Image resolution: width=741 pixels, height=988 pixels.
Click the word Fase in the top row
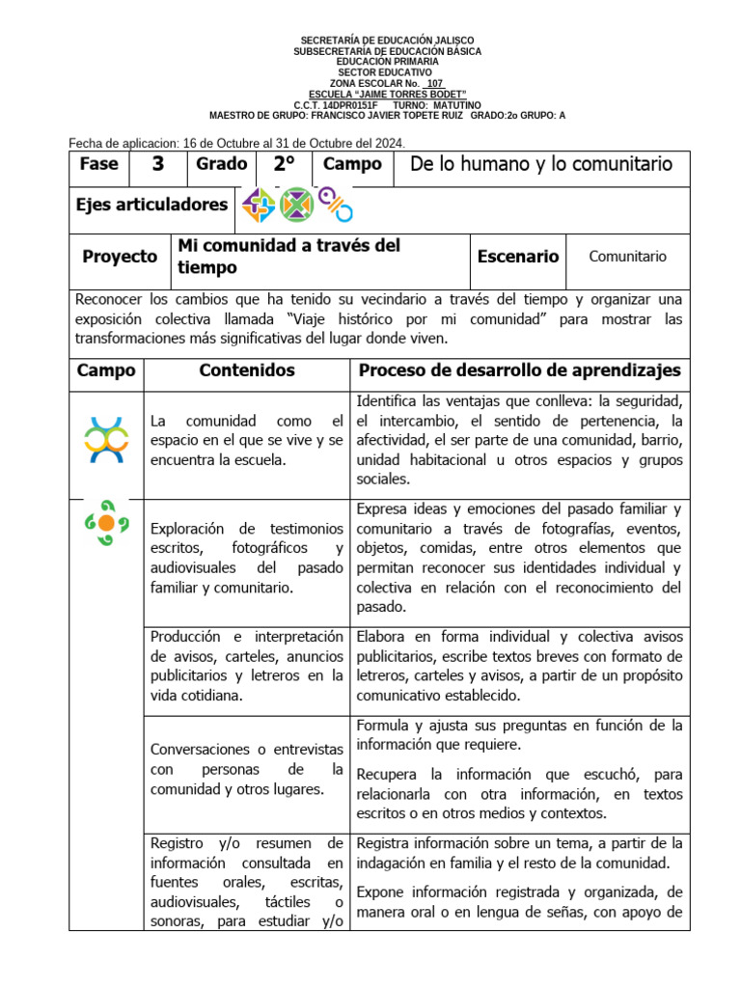pos(98,164)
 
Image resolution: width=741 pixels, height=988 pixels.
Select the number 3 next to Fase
pos(157,164)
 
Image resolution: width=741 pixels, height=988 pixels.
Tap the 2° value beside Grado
pos(284,164)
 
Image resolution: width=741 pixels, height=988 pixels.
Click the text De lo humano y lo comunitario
pos(540,164)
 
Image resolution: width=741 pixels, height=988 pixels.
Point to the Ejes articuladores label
pos(151,205)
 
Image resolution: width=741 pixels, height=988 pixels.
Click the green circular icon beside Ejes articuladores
pos(296,205)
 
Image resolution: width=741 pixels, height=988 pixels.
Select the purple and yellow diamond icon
pos(259,205)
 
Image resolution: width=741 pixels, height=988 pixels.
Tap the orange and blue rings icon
pos(335,205)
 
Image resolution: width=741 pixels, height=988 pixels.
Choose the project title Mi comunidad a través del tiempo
pos(288,257)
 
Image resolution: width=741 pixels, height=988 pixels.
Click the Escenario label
pos(517,257)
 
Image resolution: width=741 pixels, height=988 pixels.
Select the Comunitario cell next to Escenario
pos(627,257)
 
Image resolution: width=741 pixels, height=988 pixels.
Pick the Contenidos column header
pos(246,370)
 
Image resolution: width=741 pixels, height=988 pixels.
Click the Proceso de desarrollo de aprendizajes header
pos(519,370)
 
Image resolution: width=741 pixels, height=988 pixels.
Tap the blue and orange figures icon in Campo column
pos(106,439)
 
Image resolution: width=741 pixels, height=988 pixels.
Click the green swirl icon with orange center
pos(106,522)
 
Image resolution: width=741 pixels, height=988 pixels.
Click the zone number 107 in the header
pos(435,83)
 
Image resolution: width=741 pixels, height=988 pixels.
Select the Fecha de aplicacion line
pos(236,143)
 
